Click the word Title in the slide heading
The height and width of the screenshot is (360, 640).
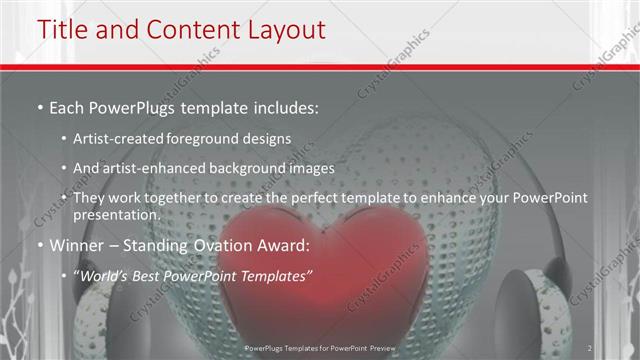pos(62,30)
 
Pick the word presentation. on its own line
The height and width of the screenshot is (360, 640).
pos(116,214)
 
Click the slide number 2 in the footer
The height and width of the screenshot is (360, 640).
pos(591,348)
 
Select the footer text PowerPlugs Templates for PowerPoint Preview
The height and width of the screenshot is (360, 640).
pos(320,348)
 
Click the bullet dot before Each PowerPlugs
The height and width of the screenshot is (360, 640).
pos(39,106)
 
